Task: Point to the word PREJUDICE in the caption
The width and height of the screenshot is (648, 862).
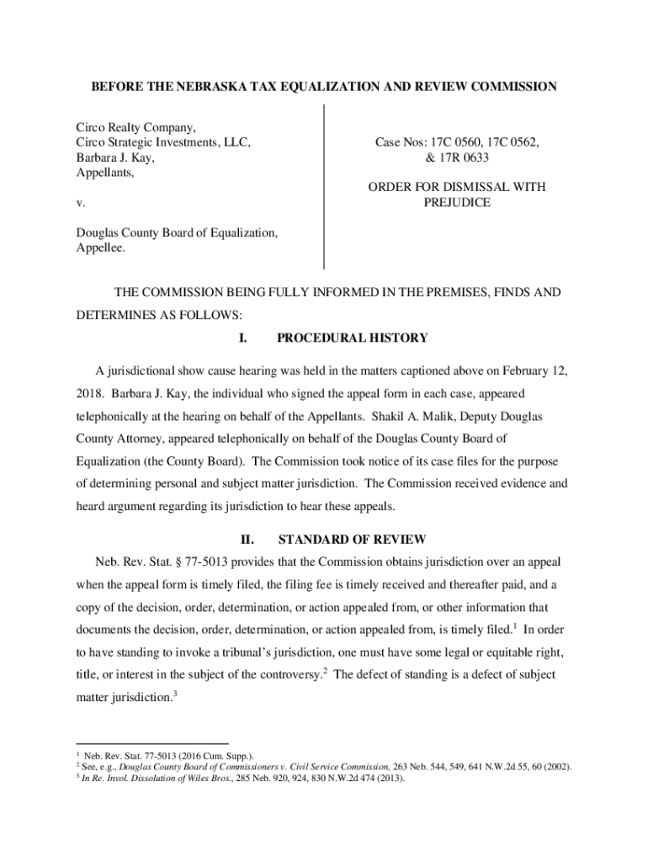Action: coord(457,203)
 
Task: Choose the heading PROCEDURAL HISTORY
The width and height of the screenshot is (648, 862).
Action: coord(353,338)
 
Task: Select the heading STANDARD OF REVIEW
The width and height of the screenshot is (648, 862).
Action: coord(352,539)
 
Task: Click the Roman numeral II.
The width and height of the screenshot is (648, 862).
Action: coord(247,539)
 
